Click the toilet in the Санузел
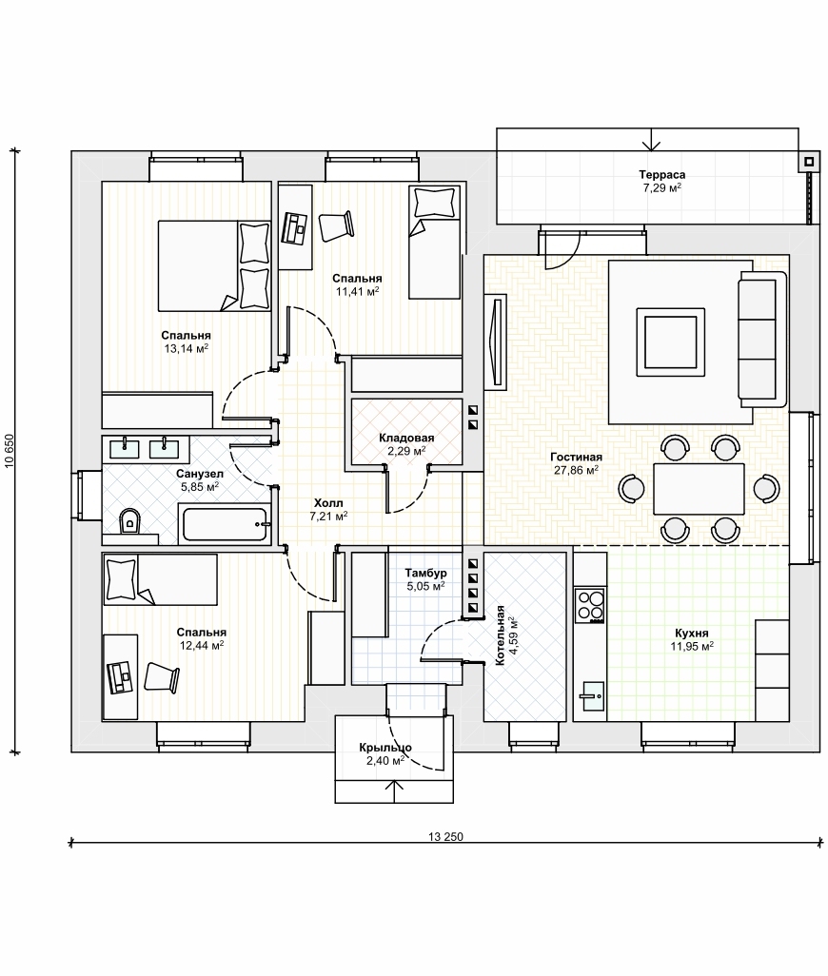129,521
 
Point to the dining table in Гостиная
699,489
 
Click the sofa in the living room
762,339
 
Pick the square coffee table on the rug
671,342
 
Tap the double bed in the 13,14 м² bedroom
214,265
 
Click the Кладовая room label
406,439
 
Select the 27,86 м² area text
577,471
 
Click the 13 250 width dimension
445,837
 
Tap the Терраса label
661,175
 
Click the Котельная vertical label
500,636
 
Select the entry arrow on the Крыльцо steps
393,791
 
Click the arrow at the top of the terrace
651,140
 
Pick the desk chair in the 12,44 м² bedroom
162,677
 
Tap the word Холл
328,503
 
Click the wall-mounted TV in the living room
497,342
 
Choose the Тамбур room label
425,574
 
